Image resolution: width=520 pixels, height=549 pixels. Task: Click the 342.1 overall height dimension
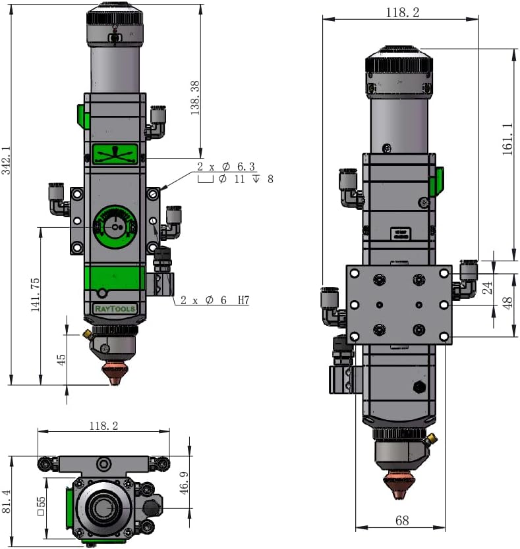coord(7,161)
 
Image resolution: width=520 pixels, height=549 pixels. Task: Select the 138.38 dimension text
coord(194,98)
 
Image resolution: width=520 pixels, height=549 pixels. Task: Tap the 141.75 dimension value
coord(35,294)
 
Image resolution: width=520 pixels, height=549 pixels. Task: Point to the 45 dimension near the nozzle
coord(61,359)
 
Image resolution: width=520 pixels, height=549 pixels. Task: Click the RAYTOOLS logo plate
coord(115,309)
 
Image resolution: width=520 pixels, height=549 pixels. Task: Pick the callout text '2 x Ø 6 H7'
coord(215,300)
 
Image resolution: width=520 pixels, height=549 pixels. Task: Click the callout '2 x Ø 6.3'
coord(226,167)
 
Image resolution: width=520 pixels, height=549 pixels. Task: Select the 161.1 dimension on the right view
coord(507,139)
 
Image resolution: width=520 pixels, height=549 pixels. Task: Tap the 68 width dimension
coord(402,521)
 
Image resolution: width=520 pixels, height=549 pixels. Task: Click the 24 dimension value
coord(487,288)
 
